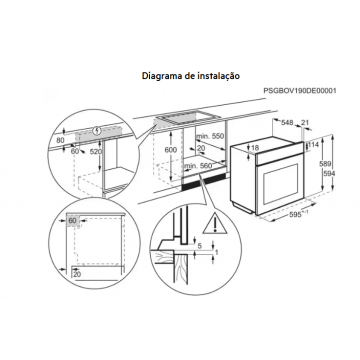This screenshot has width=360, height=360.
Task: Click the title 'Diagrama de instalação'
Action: [x=191, y=76]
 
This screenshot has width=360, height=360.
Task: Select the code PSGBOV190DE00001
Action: [x=300, y=90]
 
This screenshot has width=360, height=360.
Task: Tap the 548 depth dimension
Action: [x=287, y=123]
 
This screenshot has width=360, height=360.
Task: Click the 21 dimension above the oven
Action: [x=305, y=123]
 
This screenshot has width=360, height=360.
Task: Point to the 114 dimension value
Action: [x=313, y=144]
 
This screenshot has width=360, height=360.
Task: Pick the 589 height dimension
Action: [x=329, y=164]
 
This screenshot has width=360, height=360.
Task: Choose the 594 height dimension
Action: [x=329, y=173]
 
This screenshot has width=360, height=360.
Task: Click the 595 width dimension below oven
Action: [x=297, y=215]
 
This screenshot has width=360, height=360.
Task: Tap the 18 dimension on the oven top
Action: [x=255, y=148]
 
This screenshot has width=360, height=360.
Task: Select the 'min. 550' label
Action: [x=210, y=136]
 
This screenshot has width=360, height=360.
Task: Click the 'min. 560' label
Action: [x=198, y=165]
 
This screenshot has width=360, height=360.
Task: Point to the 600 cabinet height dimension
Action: [x=171, y=150]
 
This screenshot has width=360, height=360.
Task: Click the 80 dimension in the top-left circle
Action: [x=60, y=141]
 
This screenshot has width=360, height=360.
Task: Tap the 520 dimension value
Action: [x=95, y=152]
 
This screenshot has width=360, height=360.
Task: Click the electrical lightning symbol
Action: [x=97, y=130]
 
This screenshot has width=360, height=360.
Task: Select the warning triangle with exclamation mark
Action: [x=215, y=223]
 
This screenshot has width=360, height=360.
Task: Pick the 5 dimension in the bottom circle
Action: [x=200, y=246]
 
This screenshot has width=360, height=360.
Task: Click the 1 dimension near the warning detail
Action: [x=217, y=253]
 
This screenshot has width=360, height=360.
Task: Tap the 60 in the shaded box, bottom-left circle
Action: [x=72, y=221]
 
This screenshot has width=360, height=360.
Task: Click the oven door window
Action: [x=280, y=184]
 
